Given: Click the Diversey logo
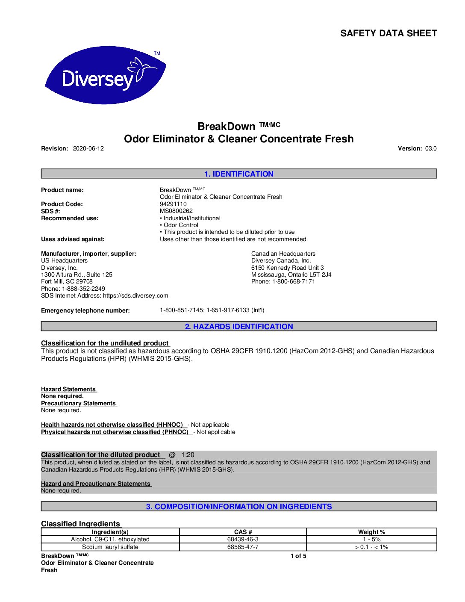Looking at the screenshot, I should (105, 76).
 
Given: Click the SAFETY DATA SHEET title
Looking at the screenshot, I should (388, 33).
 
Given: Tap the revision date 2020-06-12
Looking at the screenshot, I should (88, 149).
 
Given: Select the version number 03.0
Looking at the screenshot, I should (431, 149).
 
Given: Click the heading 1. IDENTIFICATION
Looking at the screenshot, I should (238, 174).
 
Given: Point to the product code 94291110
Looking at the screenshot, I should (173, 204).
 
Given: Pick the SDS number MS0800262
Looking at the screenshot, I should (176, 211).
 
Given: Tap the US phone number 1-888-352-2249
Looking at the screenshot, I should (83, 289).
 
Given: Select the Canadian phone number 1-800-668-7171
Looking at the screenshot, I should (294, 281).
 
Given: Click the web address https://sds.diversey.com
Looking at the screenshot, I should (135, 295).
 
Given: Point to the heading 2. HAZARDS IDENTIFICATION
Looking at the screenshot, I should (238, 327).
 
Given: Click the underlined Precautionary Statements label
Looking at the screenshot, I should (78, 403).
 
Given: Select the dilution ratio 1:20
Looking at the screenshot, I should (188, 455).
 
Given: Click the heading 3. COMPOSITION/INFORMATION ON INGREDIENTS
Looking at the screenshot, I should (238, 507).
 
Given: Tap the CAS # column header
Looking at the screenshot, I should (243, 532).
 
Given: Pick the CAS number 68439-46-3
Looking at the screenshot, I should (243, 540).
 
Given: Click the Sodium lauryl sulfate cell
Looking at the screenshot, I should (110, 547).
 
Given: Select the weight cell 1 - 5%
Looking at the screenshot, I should (371, 540).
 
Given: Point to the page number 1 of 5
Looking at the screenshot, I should (298, 556).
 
